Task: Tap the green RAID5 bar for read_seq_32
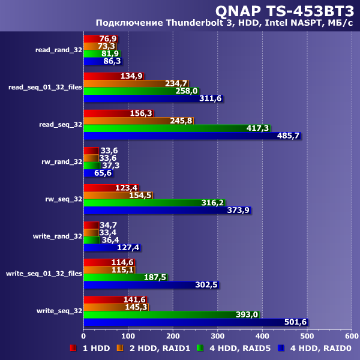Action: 176,128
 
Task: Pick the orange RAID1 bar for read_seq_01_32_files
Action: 136,83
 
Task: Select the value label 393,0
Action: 247,314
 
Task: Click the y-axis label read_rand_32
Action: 59,50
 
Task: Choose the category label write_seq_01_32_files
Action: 44,274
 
